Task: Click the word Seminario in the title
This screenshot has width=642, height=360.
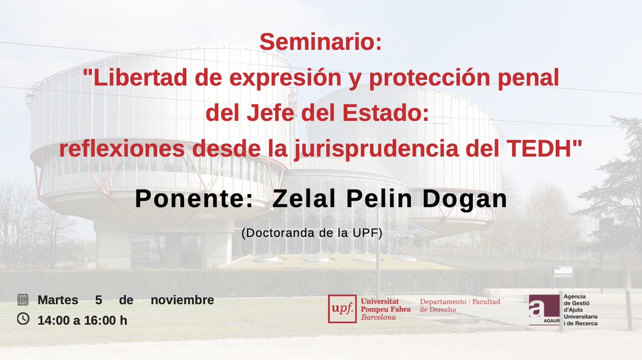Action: pos(320,42)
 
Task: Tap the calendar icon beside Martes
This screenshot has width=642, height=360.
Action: pos(23,299)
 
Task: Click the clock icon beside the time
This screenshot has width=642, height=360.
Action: pos(23,319)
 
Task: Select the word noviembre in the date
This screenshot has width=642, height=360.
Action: pos(182,300)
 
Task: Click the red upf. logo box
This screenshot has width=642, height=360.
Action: pos(342,309)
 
